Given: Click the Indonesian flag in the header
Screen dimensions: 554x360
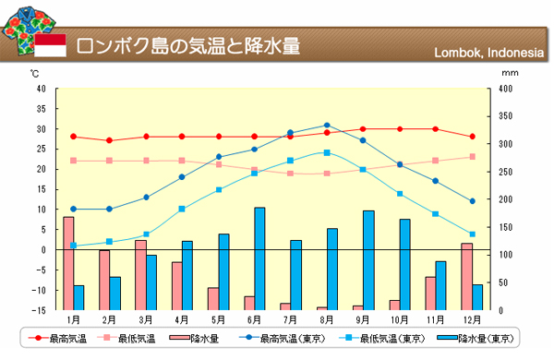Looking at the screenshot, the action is coord(50,45).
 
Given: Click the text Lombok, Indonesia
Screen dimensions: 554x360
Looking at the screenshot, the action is coord(489,53).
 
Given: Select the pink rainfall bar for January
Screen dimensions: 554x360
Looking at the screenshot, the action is coord(68,264).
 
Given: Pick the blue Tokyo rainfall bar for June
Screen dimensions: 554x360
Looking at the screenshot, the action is coord(259,259).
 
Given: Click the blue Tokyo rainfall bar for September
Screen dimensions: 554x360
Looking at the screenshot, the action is coord(368,260).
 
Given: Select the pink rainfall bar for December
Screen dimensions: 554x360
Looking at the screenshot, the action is coord(466,277).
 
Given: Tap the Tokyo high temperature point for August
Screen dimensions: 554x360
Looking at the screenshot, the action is coord(327,125).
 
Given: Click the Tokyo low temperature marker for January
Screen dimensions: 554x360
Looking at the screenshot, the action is coord(74,246).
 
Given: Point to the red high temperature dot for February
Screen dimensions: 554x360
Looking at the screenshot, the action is coord(110,140).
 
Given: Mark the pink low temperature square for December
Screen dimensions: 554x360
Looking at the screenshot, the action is coord(473,157).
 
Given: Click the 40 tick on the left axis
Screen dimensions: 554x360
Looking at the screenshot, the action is coord(42,89).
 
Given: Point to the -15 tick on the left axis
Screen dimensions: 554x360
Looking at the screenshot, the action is coord(39,310).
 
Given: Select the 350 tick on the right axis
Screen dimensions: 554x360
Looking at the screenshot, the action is coord(505,116).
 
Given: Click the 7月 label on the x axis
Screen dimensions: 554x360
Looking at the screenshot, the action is coord(290,320).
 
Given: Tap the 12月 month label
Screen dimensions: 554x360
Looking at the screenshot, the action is coord(473,320).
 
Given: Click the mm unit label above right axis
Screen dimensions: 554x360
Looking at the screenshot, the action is coord(510,73).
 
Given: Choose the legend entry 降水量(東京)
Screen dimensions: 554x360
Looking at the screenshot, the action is coord(476,339).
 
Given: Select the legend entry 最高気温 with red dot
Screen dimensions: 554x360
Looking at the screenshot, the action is coord(57,339).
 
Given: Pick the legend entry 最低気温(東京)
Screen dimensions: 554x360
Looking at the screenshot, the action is coord(382,339).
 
